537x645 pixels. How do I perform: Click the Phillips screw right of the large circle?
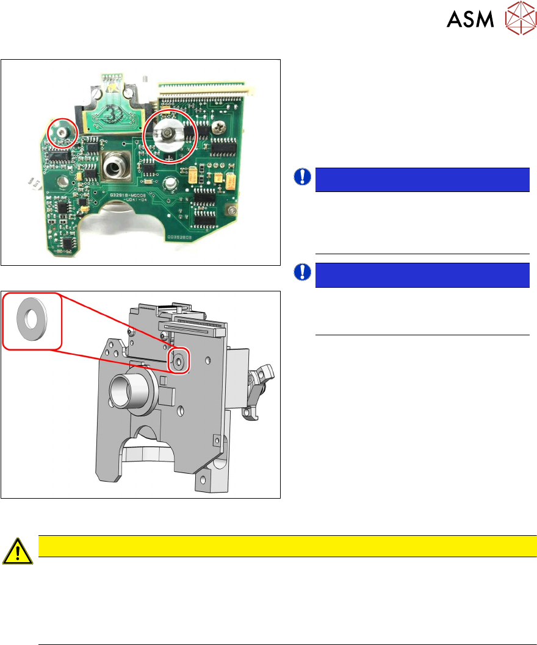click(x=218, y=128)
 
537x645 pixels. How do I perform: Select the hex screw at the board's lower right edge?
click(x=231, y=211)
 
